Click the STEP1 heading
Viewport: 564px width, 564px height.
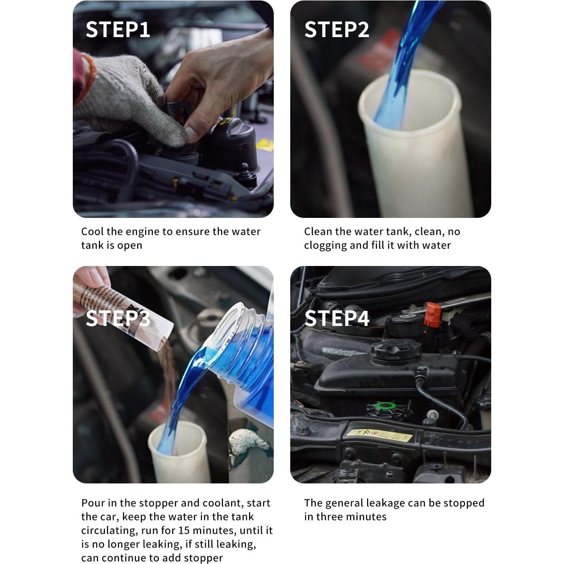118,30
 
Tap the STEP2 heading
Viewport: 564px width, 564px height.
336,30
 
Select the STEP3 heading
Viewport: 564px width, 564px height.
118,318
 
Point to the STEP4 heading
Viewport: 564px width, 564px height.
337,318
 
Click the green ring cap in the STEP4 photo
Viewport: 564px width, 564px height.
386,406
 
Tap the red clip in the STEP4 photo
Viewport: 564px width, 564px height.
432,315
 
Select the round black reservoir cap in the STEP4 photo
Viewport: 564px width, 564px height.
396,351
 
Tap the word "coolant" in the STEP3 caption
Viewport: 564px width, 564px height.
223,503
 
